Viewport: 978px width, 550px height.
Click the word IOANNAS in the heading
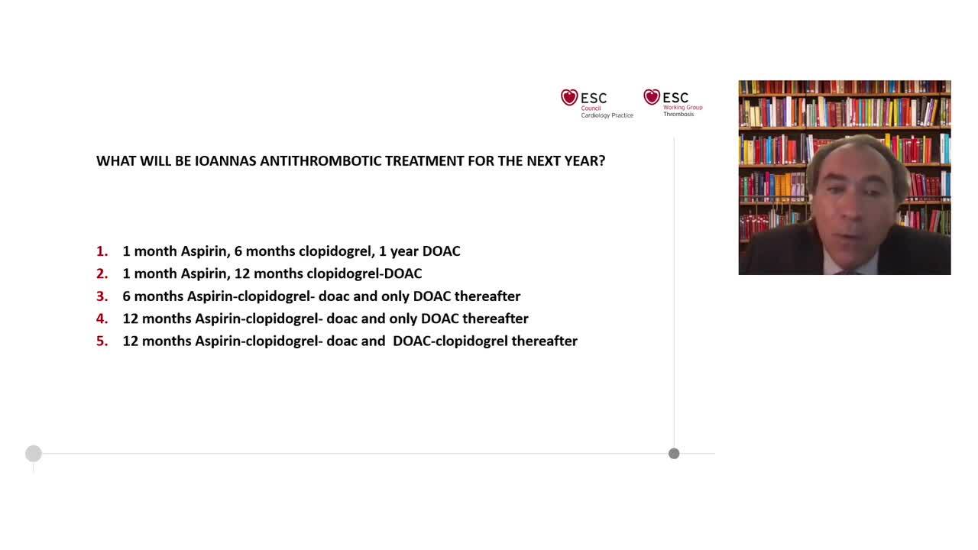pyautogui.click(x=225, y=161)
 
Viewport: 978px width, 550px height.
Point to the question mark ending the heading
pyautogui.click(x=602, y=161)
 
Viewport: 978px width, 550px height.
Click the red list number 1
pyautogui.click(x=102, y=251)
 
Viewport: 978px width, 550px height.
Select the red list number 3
pyautogui.click(x=102, y=296)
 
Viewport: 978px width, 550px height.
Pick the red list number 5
pyautogui.click(x=102, y=341)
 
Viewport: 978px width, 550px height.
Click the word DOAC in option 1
pyautogui.click(x=441, y=251)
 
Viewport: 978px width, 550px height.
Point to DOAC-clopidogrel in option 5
pyautogui.click(x=450, y=341)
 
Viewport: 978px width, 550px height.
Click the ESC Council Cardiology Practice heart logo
pyautogui.click(x=569, y=98)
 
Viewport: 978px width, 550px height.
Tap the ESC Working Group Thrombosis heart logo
pyautogui.click(x=652, y=97)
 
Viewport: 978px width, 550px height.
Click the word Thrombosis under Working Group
pyautogui.click(x=678, y=115)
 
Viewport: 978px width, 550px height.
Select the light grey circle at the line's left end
pyautogui.click(x=33, y=454)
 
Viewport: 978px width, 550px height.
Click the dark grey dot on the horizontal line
pyautogui.click(x=674, y=454)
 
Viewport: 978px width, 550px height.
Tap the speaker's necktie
pyautogui.click(x=847, y=271)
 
